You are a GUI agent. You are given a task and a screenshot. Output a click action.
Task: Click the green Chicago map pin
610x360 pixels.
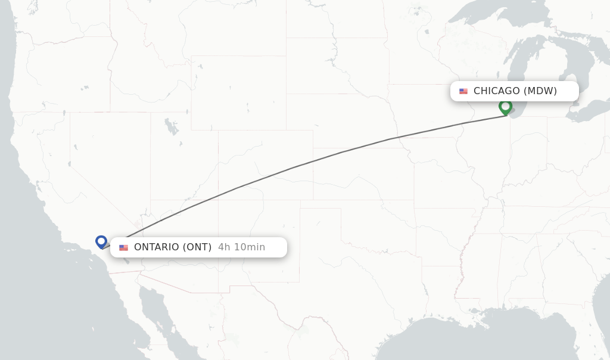click(505, 107)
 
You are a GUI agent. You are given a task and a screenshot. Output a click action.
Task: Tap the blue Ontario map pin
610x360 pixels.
click(101, 241)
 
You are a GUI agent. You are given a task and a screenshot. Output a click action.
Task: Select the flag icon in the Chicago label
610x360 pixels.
click(463, 91)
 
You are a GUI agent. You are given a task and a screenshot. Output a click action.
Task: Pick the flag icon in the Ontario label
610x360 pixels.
click(123, 247)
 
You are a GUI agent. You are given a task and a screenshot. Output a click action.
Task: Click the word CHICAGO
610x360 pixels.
click(496, 91)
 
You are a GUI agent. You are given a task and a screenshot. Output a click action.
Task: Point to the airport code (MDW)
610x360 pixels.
click(540, 91)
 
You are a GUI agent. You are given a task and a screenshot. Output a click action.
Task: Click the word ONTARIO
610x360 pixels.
click(156, 247)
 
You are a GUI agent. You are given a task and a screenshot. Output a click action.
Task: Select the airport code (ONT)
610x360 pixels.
click(197, 247)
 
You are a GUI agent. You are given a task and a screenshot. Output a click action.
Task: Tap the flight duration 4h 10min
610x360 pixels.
click(241, 247)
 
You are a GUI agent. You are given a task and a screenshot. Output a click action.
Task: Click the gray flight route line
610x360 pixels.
click(298, 165)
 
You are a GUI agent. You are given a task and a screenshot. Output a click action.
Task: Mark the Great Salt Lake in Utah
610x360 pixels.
click(172, 126)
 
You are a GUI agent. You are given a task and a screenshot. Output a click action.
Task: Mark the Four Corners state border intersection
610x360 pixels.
click(218, 200)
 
